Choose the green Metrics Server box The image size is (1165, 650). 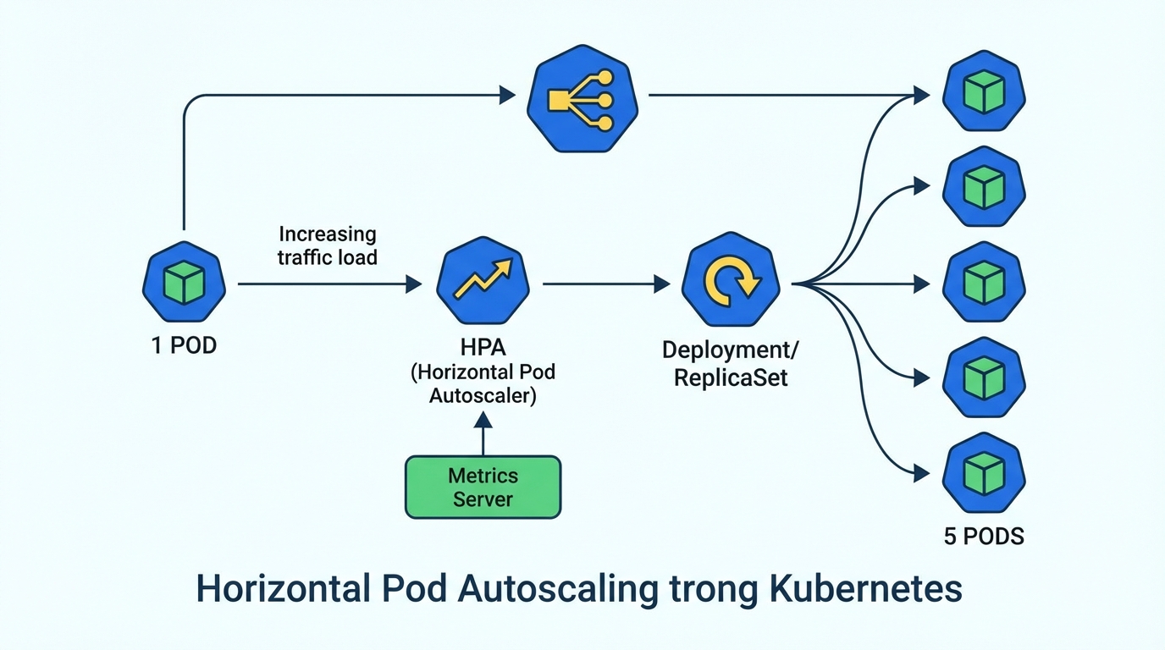483,487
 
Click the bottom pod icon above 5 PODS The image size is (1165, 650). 984,472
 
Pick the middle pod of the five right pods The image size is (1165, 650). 984,283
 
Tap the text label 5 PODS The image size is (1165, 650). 984,536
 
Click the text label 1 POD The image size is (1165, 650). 184,345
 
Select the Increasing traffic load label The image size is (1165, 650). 327,245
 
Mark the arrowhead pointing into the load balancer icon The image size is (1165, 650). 507,95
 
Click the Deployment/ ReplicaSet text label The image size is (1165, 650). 730,363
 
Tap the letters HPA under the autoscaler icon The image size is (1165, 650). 482,347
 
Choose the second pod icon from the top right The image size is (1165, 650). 984,188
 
